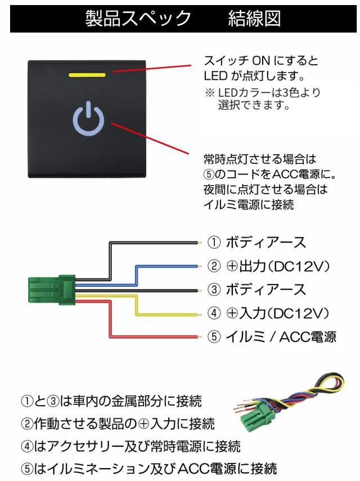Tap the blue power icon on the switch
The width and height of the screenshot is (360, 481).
coord(89,119)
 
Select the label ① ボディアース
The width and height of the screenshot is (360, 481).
coord(256,243)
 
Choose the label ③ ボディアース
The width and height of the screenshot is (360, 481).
coord(256,290)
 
